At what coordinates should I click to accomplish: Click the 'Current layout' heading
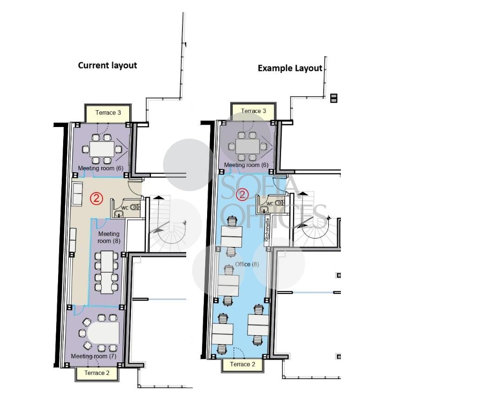pyautogui.click(x=107, y=66)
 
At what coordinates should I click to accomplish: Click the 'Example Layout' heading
pyautogui.click(x=290, y=68)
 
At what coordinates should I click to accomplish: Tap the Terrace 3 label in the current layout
pyautogui.click(x=108, y=113)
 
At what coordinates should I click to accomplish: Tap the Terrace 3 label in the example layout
pyautogui.click(x=254, y=111)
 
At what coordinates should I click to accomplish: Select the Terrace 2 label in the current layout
pyautogui.click(x=97, y=373)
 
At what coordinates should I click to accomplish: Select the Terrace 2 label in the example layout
pyautogui.click(x=242, y=364)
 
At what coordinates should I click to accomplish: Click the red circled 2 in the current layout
pyautogui.click(x=97, y=198)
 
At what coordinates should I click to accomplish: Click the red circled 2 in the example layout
pyautogui.click(x=242, y=194)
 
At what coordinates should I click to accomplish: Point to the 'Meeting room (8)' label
pyautogui.click(x=109, y=237)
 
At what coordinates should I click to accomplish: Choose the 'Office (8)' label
pyautogui.click(x=247, y=264)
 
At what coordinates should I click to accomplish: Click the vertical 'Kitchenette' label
pyautogui.click(x=267, y=230)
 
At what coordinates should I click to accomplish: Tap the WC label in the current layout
pyautogui.click(x=125, y=208)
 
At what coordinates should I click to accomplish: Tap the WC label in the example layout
pyautogui.click(x=270, y=204)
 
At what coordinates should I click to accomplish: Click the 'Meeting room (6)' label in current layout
pyautogui.click(x=100, y=168)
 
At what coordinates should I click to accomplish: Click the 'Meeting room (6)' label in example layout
pyautogui.click(x=246, y=165)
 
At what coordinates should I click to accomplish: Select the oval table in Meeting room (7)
pyautogui.click(x=103, y=333)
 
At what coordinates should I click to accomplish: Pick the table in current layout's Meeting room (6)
pyautogui.click(x=102, y=149)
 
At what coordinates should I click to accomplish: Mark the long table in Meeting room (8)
pyautogui.click(x=107, y=272)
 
